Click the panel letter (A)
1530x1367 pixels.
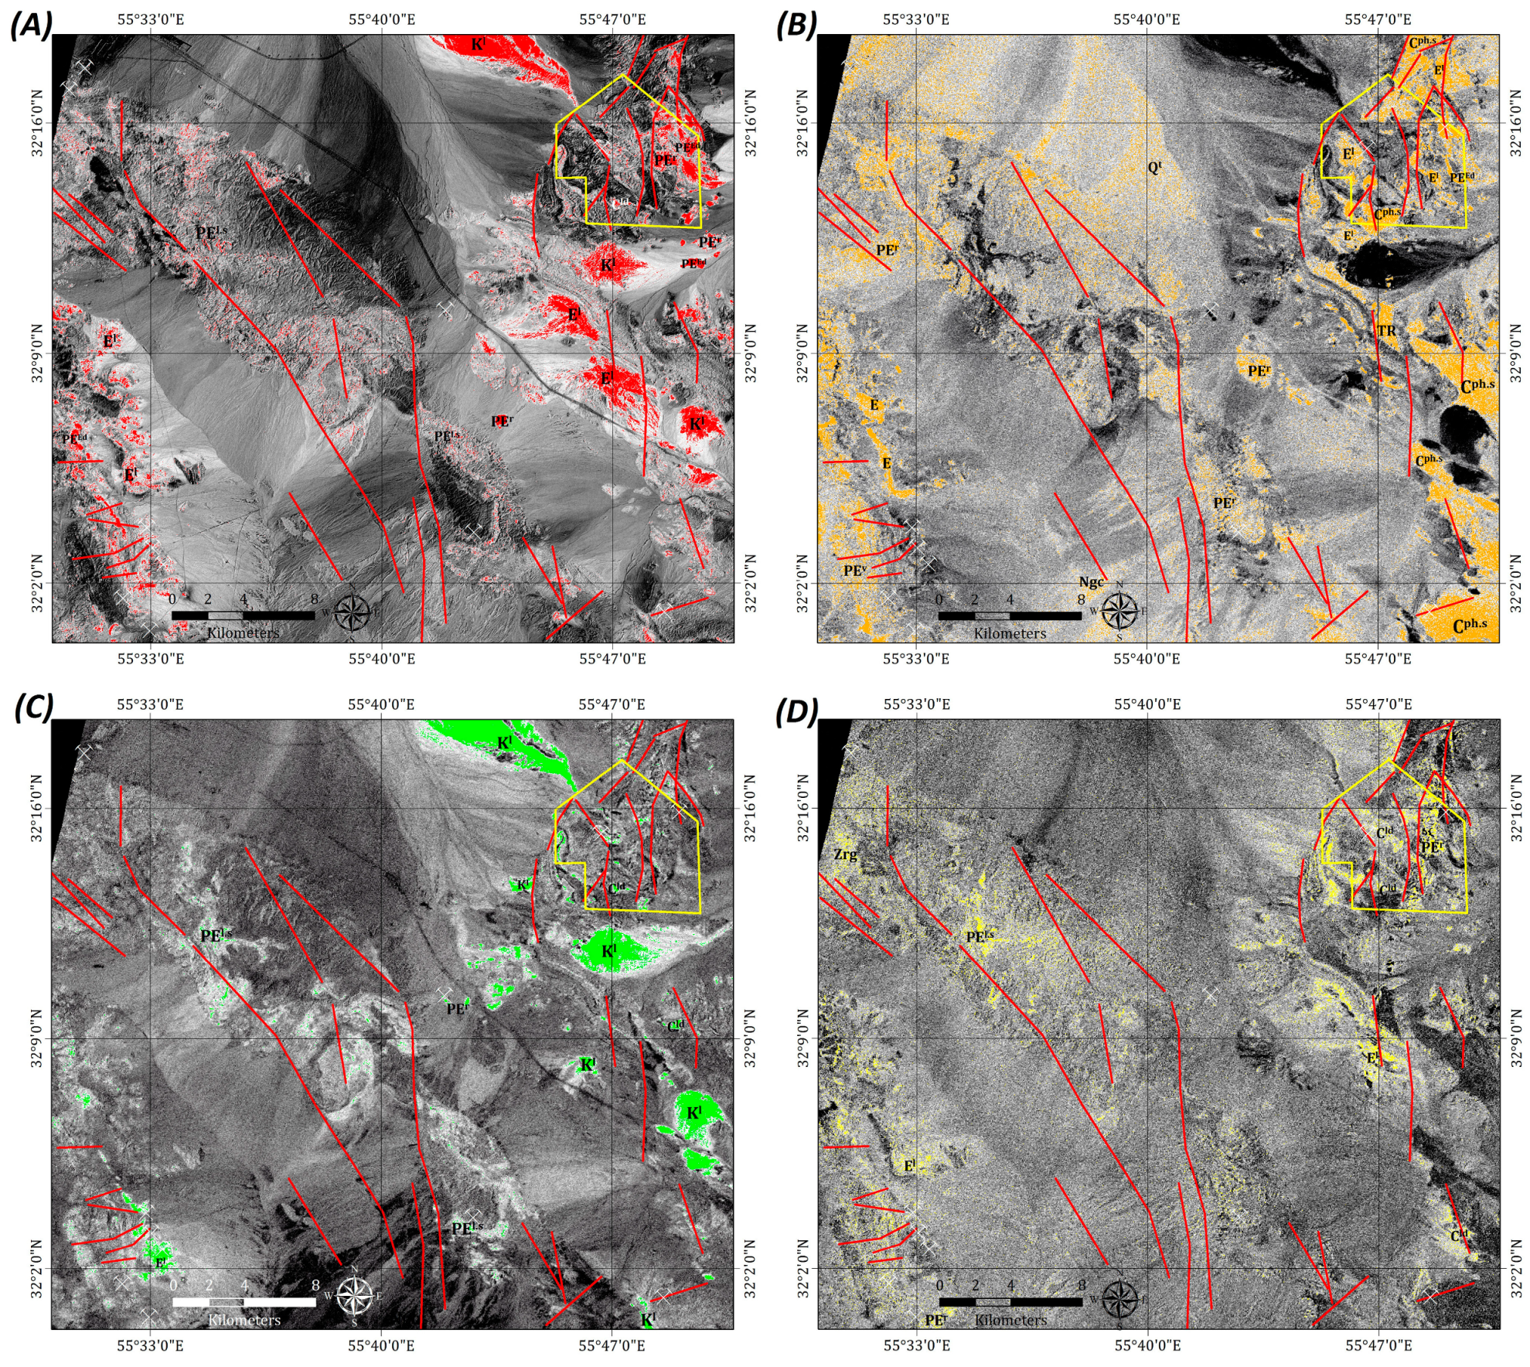coord(31,25)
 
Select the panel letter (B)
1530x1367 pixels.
coord(796,25)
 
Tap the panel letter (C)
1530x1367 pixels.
coord(33,707)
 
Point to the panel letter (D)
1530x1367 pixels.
coord(796,711)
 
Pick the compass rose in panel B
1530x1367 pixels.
coord(1119,611)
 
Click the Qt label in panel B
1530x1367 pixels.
coord(1154,167)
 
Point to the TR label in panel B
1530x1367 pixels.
coord(1386,331)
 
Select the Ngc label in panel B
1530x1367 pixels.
coord(1091,582)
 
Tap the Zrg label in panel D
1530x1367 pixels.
coord(845,854)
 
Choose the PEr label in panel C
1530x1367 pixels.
coord(457,1008)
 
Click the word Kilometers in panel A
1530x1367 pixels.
coord(243,633)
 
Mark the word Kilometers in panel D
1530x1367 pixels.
coord(1010,1320)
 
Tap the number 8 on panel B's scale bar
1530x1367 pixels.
coord(1081,599)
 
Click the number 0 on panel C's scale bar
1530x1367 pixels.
coord(173,1285)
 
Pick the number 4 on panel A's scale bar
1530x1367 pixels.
coord(244,599)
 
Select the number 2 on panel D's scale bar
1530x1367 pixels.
coord(975,1285)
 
